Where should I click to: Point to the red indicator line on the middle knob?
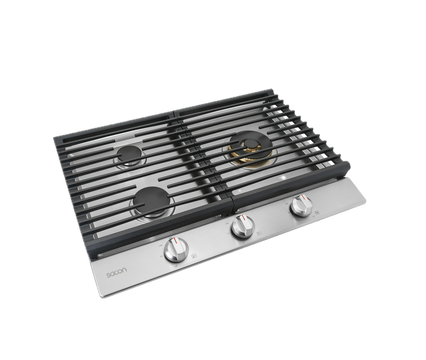(240, 218)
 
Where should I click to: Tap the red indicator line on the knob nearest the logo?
(176, 242)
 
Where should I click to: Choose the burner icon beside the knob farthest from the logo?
(317, 212)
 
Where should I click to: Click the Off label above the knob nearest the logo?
(171, 239)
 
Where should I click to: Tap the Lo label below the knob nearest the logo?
(176, 266)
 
